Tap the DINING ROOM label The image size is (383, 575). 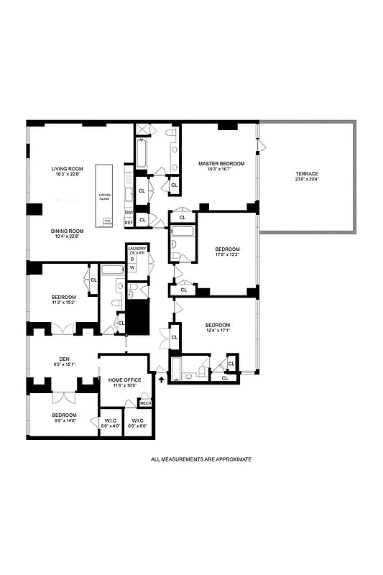pos(67,231)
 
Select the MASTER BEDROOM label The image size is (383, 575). pos(221,164)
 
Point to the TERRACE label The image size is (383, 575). pos(307,175)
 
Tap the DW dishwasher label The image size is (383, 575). pos(129,213)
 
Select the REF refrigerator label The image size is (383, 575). pos(129,223)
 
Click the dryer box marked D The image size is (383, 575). pos(132,259)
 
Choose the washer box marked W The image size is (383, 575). pos(132,267)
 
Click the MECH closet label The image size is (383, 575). pos(145,403)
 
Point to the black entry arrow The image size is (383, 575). pos(161,379)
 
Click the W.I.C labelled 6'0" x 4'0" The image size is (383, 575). pos(110,423)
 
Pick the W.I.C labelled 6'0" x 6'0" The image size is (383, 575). pos(137,423)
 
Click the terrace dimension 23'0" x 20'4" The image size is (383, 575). pos(307,180)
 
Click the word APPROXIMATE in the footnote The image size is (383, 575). pos(231,459)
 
